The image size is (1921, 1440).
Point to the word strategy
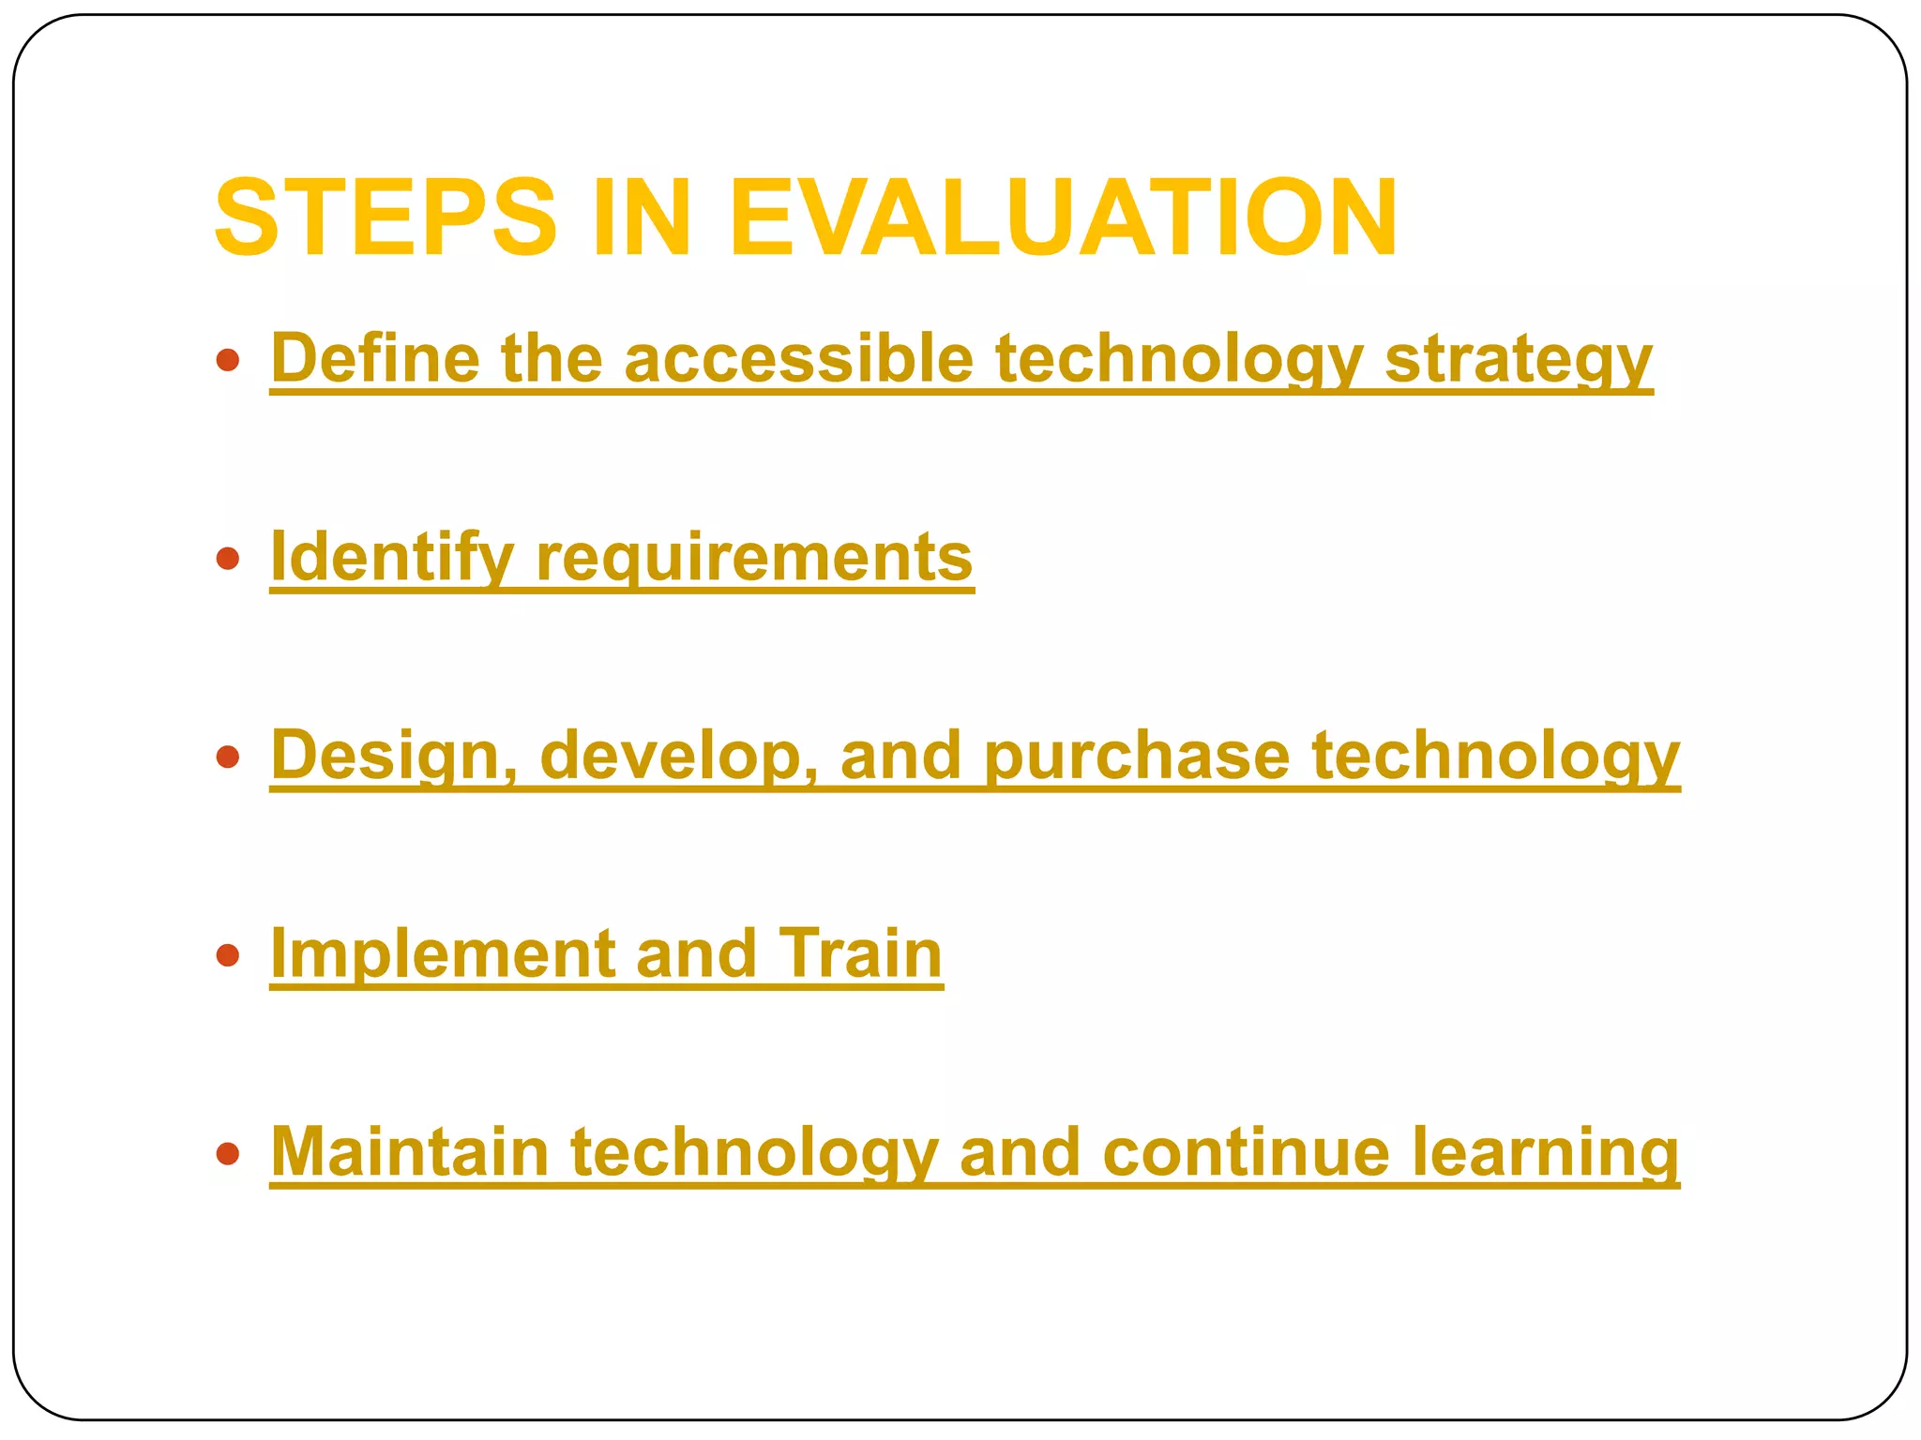pos(1519,360)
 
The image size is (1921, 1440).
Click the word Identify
pos(392,558)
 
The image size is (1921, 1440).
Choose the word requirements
pos(754,558)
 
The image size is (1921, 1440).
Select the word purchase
pos(1136,756)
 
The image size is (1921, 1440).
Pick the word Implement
pos(442,954)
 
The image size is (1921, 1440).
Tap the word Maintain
pos(410,1152)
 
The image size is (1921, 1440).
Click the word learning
pos(1545,1154)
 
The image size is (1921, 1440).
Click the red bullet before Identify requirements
pos(227,559)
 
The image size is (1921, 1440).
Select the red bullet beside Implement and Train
pos(227,955)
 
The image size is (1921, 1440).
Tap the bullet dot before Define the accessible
pos(227,360)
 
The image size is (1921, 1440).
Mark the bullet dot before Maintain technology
pos(227,1153)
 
